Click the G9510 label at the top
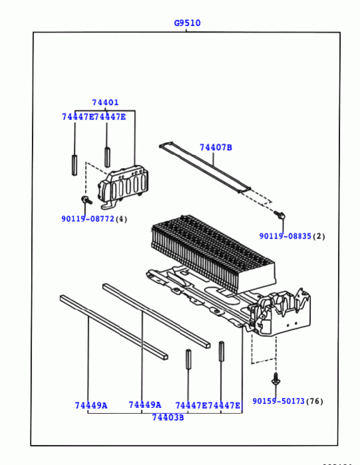coord(187,23)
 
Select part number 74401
coord(105,102)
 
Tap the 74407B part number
coord(216,147)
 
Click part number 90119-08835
coord(285,236)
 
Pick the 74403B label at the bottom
coord(168,417)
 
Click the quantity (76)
coord(315,401)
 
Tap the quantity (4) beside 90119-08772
coord(121,219)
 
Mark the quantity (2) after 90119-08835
coord(319,236)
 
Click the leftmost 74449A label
coord(91,405)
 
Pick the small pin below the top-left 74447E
coord(75,165)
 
